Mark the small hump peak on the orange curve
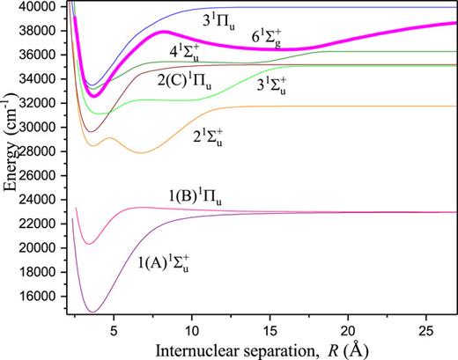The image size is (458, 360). tap(109, 138)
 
